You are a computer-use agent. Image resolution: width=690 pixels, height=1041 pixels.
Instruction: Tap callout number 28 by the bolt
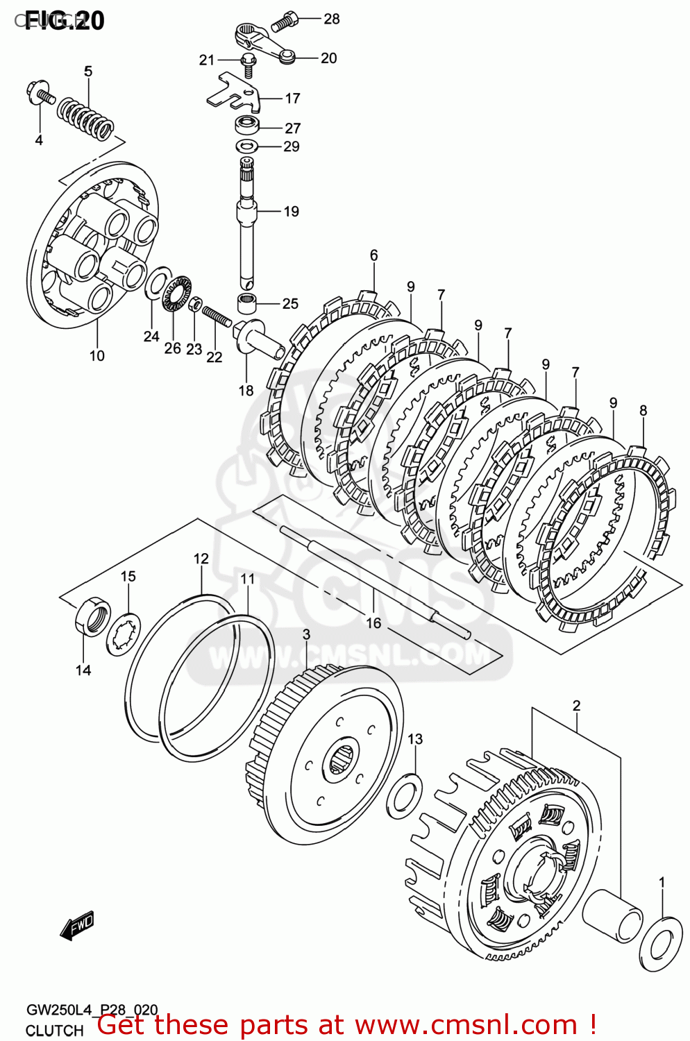pyautogui.click(x=332, y=19)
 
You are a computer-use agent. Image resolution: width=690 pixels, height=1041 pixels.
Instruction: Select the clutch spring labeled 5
pyautogui.click(x=85, y=117)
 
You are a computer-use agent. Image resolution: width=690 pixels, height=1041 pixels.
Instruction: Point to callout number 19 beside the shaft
pyautogui.click(x=292, y=212)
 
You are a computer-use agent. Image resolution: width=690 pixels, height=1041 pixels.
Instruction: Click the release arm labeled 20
pyautogui.click(x=264, y=43)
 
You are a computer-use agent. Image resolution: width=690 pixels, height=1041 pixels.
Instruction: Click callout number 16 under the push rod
pyautogui.click(x=373, y=623)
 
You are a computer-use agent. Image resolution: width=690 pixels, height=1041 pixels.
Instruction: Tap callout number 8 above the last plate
pyautogui.click(x=643, y=410)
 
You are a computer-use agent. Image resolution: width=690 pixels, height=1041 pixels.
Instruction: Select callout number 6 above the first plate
pyautogui.click(x=373, y=255)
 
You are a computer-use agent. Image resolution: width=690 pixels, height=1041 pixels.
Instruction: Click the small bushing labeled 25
pyautogui.click(x=247, y=303)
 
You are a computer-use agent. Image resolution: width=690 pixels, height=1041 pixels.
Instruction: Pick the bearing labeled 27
pyautogui.click(x=247, y=126)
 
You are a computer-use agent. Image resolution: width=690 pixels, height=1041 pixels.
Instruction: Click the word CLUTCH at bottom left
pyautogui.click(x=54, y=1031)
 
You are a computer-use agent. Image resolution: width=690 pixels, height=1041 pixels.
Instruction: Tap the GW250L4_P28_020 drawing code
pyautogui.click(x=92, y=1010)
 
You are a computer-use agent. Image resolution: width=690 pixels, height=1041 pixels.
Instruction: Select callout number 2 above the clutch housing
pyautogui.click(x=576, y=706)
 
